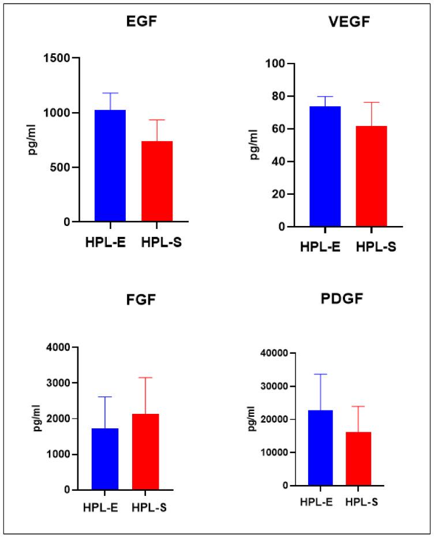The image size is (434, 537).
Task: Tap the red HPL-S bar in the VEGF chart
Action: coord(371,177)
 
